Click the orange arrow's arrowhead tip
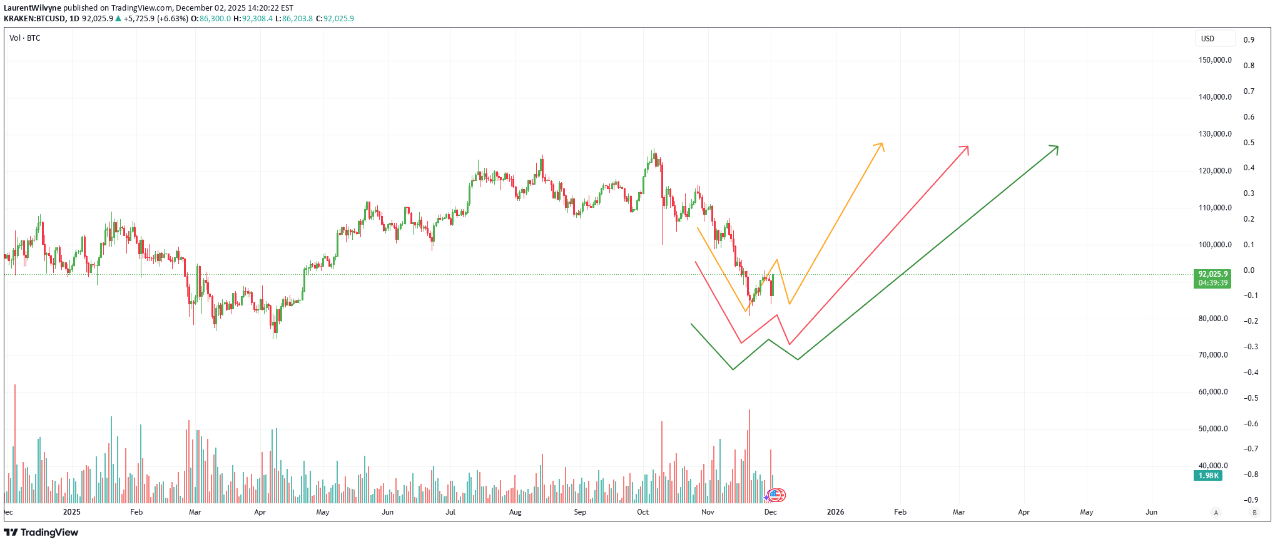(x=881, y=144)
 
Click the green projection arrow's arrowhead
(x=1057, y=147)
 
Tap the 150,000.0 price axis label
(x=1215, y=60)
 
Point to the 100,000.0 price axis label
(x=1215, y=245)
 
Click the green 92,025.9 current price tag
(x=1212, y=278)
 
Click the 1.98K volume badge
(x=1208, y=476)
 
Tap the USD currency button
(x=1207, y=39)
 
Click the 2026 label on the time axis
(x=835, y=512)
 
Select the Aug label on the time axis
(x=515, y=512)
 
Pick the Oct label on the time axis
(x=643, y=512)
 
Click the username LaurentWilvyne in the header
(x=32, y=8)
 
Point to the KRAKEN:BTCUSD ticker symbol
(x=34, y=19)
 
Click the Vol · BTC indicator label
(x=25, y=38)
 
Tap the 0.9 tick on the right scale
(x=1249, y=40)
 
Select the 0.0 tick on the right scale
(x=1249, y=270)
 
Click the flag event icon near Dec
(x=776, y=495)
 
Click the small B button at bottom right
(x=1254, y=513)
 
